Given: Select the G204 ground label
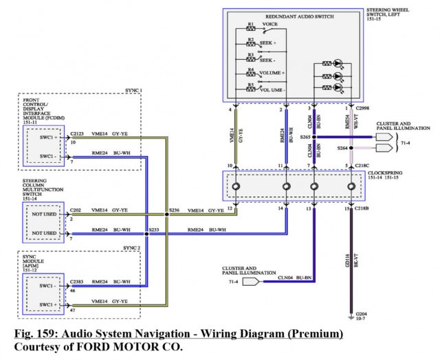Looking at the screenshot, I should point(360,314).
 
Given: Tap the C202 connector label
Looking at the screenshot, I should point(75,210).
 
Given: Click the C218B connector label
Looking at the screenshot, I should point(362,208).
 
